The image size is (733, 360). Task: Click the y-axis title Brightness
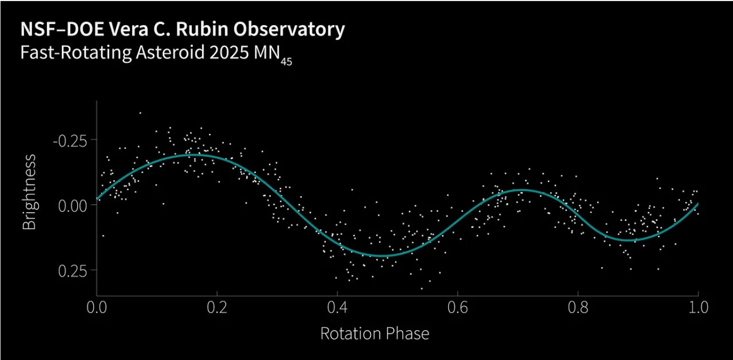(x=29, y=192)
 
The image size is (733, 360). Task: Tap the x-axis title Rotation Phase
(x=374, y=334)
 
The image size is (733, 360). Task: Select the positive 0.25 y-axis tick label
(x=71, y=270)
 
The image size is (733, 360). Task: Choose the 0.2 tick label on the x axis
(x=217, y=308)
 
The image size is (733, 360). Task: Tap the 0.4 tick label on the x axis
(x=337, y=308)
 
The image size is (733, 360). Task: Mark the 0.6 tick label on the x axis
(x=457, y=308)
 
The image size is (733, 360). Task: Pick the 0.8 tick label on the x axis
(x=577, y=308)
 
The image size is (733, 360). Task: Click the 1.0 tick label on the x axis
(x=697, y=308)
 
